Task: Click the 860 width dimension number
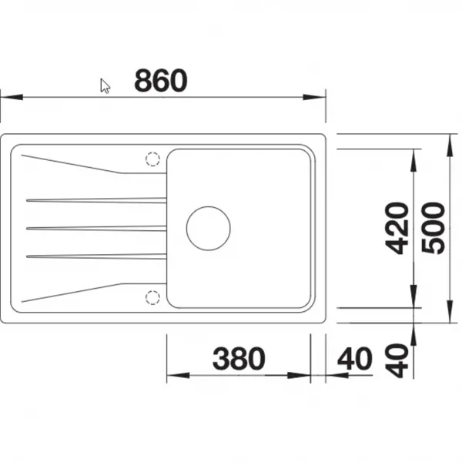161,80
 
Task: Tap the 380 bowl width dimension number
239,358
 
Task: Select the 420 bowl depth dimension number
397,228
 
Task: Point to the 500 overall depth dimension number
433,228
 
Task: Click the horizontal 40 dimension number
355,358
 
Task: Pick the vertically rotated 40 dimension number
397,360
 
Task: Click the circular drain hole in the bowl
209,229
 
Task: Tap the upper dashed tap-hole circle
152,159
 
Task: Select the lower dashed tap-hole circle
152,297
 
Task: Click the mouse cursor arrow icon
105,85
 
